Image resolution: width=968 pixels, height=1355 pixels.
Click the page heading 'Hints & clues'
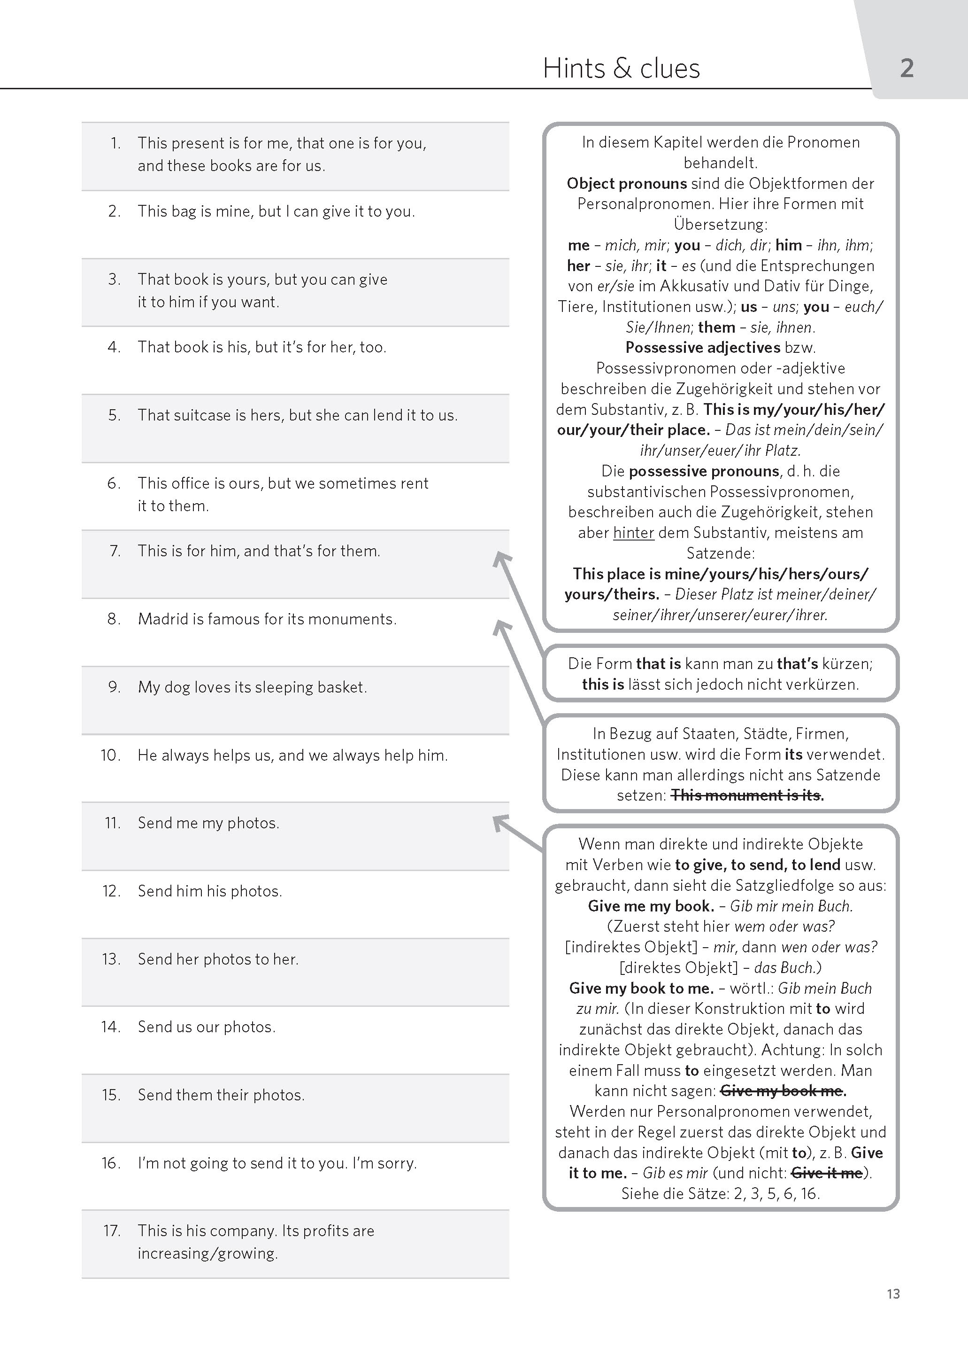[x=621, y=69]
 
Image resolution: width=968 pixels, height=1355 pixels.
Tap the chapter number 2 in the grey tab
[x=906, y=69]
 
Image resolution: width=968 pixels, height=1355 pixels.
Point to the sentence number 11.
[x=113, y=823]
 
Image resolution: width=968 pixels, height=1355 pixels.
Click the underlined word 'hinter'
[x=634, y=533]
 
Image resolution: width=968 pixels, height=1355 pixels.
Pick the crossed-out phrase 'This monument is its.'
[x=747, y=795]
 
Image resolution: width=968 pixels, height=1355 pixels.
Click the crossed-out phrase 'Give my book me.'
[x=783, y=1091]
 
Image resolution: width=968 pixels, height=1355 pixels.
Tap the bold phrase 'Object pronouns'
[x=626, y=183]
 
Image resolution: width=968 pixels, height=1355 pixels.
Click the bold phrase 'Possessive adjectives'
[x=703, y=347]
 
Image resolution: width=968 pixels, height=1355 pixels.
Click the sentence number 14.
[x=111, y=1027]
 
